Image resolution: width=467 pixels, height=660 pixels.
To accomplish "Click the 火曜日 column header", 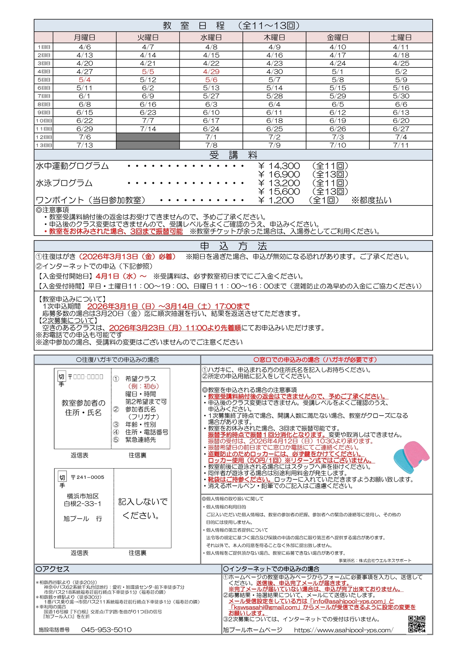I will (x=148, y=38).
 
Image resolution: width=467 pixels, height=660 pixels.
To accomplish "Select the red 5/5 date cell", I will (x=148, y=72).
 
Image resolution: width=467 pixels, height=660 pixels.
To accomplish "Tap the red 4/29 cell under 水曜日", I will (x=211, y=72).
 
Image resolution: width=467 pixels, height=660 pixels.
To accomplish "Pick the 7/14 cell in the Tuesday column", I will (x=148, y=129).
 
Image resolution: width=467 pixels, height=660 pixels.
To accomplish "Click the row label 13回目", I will (x=44, y=145).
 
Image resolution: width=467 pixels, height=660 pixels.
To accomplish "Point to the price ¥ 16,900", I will (x=279, y=175).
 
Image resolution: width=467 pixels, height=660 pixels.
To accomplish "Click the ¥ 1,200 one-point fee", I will (x=276, y=200).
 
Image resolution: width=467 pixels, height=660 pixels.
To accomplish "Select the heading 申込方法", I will (x=233, y=246).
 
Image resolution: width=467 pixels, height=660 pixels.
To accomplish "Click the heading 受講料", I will (x=233, y=155).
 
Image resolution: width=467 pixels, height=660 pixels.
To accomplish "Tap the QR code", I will (x=417, y=624).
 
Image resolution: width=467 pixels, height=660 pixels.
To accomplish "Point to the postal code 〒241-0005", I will (x=87, y=477).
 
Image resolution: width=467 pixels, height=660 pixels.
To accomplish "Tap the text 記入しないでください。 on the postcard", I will (x=142, y=509).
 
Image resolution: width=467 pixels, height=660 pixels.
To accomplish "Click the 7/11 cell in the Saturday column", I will (x=401, y=145).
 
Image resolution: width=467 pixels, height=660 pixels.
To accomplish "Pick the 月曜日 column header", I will (x=85, y=38).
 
